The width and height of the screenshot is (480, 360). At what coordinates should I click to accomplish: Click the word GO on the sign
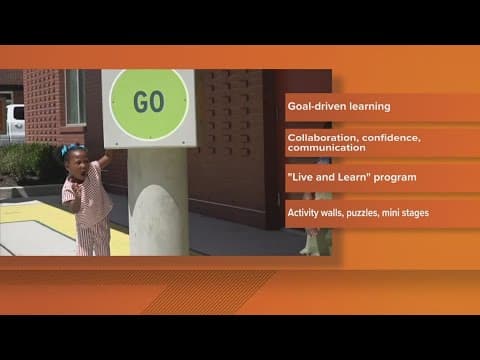click(148, 102)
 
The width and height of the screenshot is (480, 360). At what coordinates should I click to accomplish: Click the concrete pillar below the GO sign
click(156, 200)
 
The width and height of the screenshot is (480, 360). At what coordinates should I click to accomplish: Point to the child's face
click(77, 165)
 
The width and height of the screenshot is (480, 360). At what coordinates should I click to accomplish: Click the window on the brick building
click(75, 96)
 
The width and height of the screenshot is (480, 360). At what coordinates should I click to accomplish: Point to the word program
click(394, 177)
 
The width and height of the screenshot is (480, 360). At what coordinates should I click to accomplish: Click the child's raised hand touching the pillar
click(104, 156)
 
